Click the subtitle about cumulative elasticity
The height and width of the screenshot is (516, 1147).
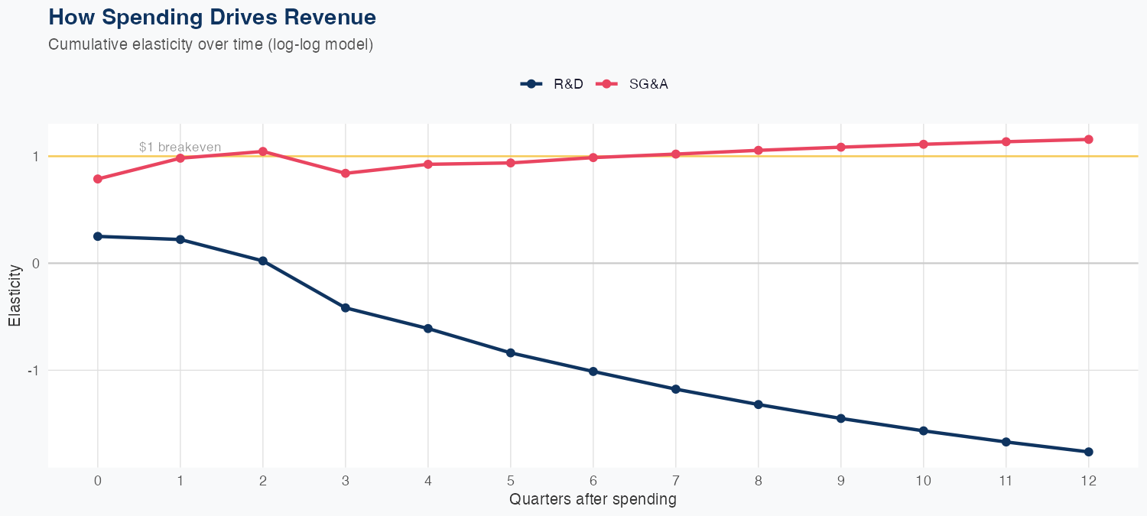[x=210, y=44]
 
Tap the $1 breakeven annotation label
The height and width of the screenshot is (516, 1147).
[x=180, y=147]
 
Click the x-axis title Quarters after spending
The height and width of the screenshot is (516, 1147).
[x=593, y=500]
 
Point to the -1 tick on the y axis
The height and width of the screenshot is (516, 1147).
[x=33, y=370]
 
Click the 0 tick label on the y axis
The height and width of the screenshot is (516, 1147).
[x=34, y=263]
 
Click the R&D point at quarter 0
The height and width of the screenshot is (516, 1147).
[x=98, y=236]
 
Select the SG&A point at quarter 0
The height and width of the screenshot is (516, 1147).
[x=98, y=179]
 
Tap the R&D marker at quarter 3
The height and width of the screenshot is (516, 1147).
[x=346, y=308]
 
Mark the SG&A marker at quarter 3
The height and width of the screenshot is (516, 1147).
[x=346, y=174]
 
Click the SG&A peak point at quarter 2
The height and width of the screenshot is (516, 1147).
[x=263, y=151]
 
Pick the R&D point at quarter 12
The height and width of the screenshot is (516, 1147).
[x=1088, y=452]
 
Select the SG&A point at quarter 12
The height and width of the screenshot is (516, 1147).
[x=1088, y=139]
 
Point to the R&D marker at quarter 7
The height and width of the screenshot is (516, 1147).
[x=675, y=389]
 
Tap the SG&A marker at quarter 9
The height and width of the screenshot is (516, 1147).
[x=840, y=147]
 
